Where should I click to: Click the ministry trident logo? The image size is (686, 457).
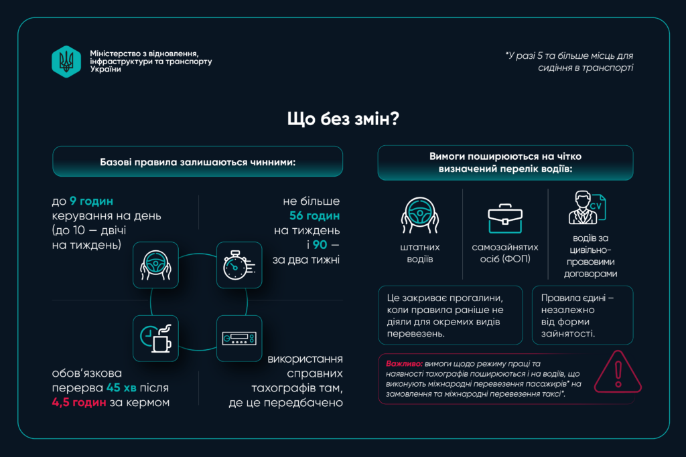(66, 62)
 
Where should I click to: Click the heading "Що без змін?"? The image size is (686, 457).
(343, 118)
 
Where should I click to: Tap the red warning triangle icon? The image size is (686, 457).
(618, 372)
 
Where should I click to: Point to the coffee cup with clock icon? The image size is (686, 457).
(155, 338)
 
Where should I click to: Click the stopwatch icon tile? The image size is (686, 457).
(239, 265)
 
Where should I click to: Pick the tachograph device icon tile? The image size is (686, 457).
(239, 338)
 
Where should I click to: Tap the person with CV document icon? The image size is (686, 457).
(587, 207)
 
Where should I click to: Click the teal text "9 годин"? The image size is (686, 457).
(91, 201)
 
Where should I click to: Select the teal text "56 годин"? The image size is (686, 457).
(314, 215)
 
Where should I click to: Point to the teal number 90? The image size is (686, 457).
(320, 245)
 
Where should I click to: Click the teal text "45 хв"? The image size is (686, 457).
(121, 387)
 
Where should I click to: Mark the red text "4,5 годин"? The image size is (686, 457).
(79, 402)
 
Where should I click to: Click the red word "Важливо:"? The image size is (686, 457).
(404, 363)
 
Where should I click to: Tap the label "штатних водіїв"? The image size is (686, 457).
(419, 253)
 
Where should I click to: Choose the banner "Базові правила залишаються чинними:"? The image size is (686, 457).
(198, 162)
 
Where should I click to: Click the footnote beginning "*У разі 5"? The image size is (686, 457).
(569, 62)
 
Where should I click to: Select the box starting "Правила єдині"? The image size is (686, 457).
(582, 315)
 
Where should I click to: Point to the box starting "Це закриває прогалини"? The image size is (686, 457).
(450, 315)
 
